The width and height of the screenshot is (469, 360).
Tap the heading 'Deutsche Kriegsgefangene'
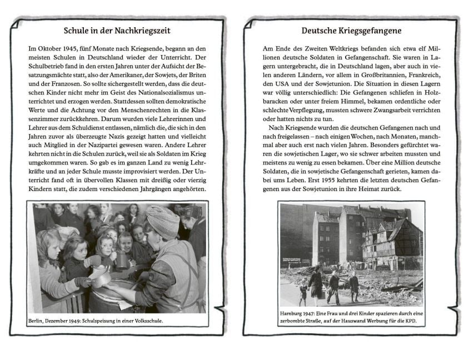point(351,31)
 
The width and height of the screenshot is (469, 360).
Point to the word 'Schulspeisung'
point(114,321)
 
